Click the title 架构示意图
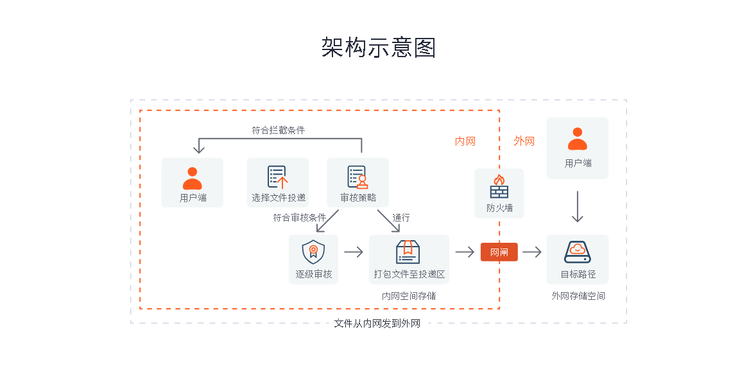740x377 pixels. tap(379, 48)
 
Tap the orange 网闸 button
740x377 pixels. tap(499, 252)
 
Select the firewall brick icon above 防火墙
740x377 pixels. tap(499, 187)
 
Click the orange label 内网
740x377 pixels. tap(465, 141)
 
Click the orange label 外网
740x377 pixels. tap(524, 141)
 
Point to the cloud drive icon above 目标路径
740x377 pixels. tap(577, 252)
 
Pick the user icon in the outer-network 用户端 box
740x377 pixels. tap(577, 139)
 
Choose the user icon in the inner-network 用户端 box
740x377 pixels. tap(193, 178)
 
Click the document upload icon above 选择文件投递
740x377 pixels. tap(277, 177)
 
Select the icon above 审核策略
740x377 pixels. tap(357, 177)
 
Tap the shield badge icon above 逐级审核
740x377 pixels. tap(313, 252)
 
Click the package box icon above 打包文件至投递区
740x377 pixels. tap(408, 252)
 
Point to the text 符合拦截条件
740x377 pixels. tap(278, 130)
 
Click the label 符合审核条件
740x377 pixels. tap(299, 218)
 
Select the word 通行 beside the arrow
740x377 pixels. tap(401, 218)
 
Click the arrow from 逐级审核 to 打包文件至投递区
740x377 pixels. tap(354, 252)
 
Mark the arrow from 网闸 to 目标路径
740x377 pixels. tap(532, 252)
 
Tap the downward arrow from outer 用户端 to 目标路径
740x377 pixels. tap(577, 207)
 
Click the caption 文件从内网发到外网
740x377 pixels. tap(377, 324)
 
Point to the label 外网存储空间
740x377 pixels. tap(578, 296)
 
